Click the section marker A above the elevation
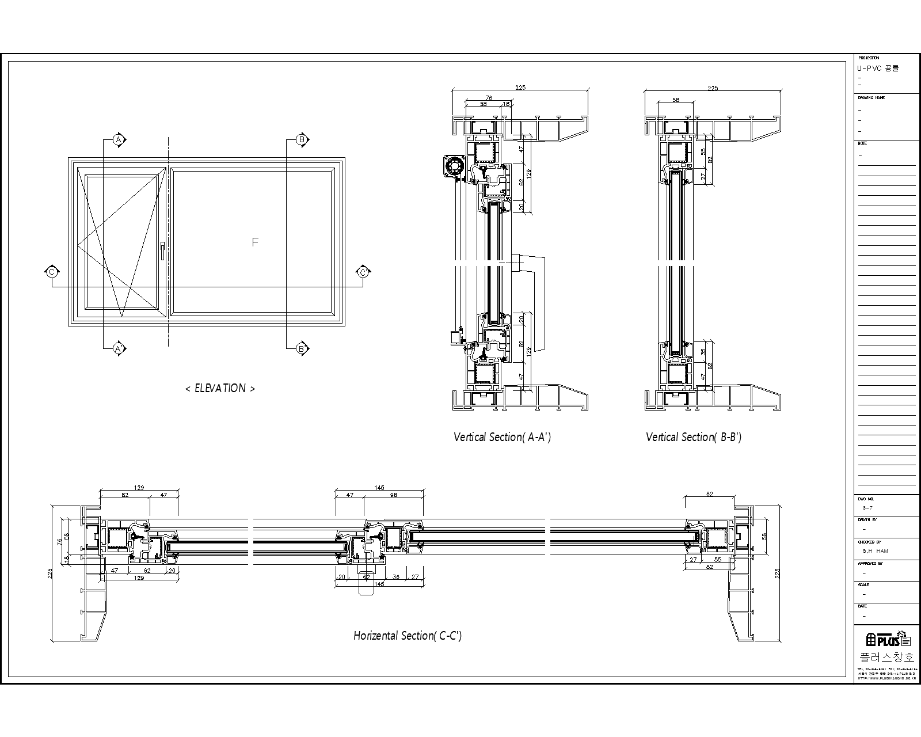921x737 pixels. coord(119,140)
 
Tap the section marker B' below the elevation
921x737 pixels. coord(302,348)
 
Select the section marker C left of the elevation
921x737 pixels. coord(52,272)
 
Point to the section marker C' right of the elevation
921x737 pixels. coord(363,272)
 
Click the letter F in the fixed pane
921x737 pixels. coord(255,242)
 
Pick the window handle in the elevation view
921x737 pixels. coord(163,250)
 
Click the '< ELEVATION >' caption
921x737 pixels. coord(220,389)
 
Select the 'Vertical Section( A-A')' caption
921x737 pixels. coord(502,437)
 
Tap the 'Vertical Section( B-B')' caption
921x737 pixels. coord(694,437)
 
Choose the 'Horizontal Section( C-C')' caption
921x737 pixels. coord(408,636)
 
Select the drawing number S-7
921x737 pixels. coord(867,508)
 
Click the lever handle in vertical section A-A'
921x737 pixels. coord(532,299)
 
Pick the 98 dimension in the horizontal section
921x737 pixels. coord(393,495)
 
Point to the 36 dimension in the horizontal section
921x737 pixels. coord(395,576)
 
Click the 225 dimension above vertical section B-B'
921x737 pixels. coord(713,88)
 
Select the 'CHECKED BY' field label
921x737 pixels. coord(870,542)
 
